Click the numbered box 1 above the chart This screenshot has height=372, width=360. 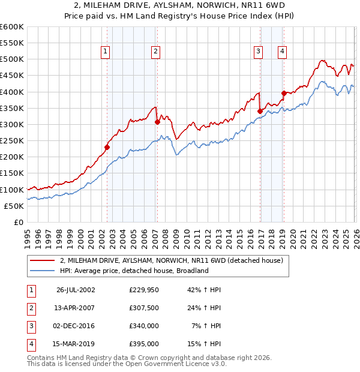[105, 52]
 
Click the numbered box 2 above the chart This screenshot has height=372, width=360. [155, 52]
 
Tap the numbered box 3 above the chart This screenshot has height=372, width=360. [258, 52]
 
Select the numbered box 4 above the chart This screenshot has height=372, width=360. [281, 52]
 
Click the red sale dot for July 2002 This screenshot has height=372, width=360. [107, 147]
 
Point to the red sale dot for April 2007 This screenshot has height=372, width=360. [157, 122]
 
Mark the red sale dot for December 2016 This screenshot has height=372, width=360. [260, 111]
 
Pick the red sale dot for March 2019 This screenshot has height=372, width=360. [284, 93]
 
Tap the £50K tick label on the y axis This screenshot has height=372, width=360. [14, 206]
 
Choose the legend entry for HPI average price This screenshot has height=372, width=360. [134, 271]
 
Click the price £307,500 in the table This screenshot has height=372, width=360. [143, 308]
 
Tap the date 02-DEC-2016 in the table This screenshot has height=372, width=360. [76, 326]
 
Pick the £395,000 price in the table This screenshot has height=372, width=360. [143, 344]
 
